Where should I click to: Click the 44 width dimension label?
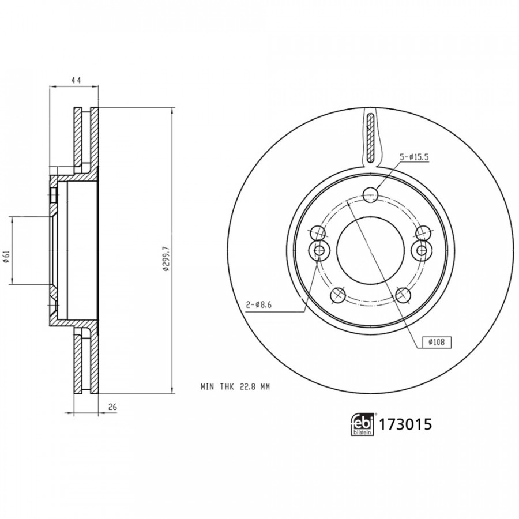tap(76, 80)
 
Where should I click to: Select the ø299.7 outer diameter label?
tap(166, 259)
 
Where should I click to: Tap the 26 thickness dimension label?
tap(113, 407)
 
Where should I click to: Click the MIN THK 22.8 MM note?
tap(235, 386)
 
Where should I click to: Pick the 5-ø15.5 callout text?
tap(414, 157)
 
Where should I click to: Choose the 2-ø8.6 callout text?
tap(258, 305)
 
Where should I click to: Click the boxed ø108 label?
tap(437, 342)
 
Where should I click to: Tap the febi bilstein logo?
tap(363, 424)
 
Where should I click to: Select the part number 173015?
tap(405, 424)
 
